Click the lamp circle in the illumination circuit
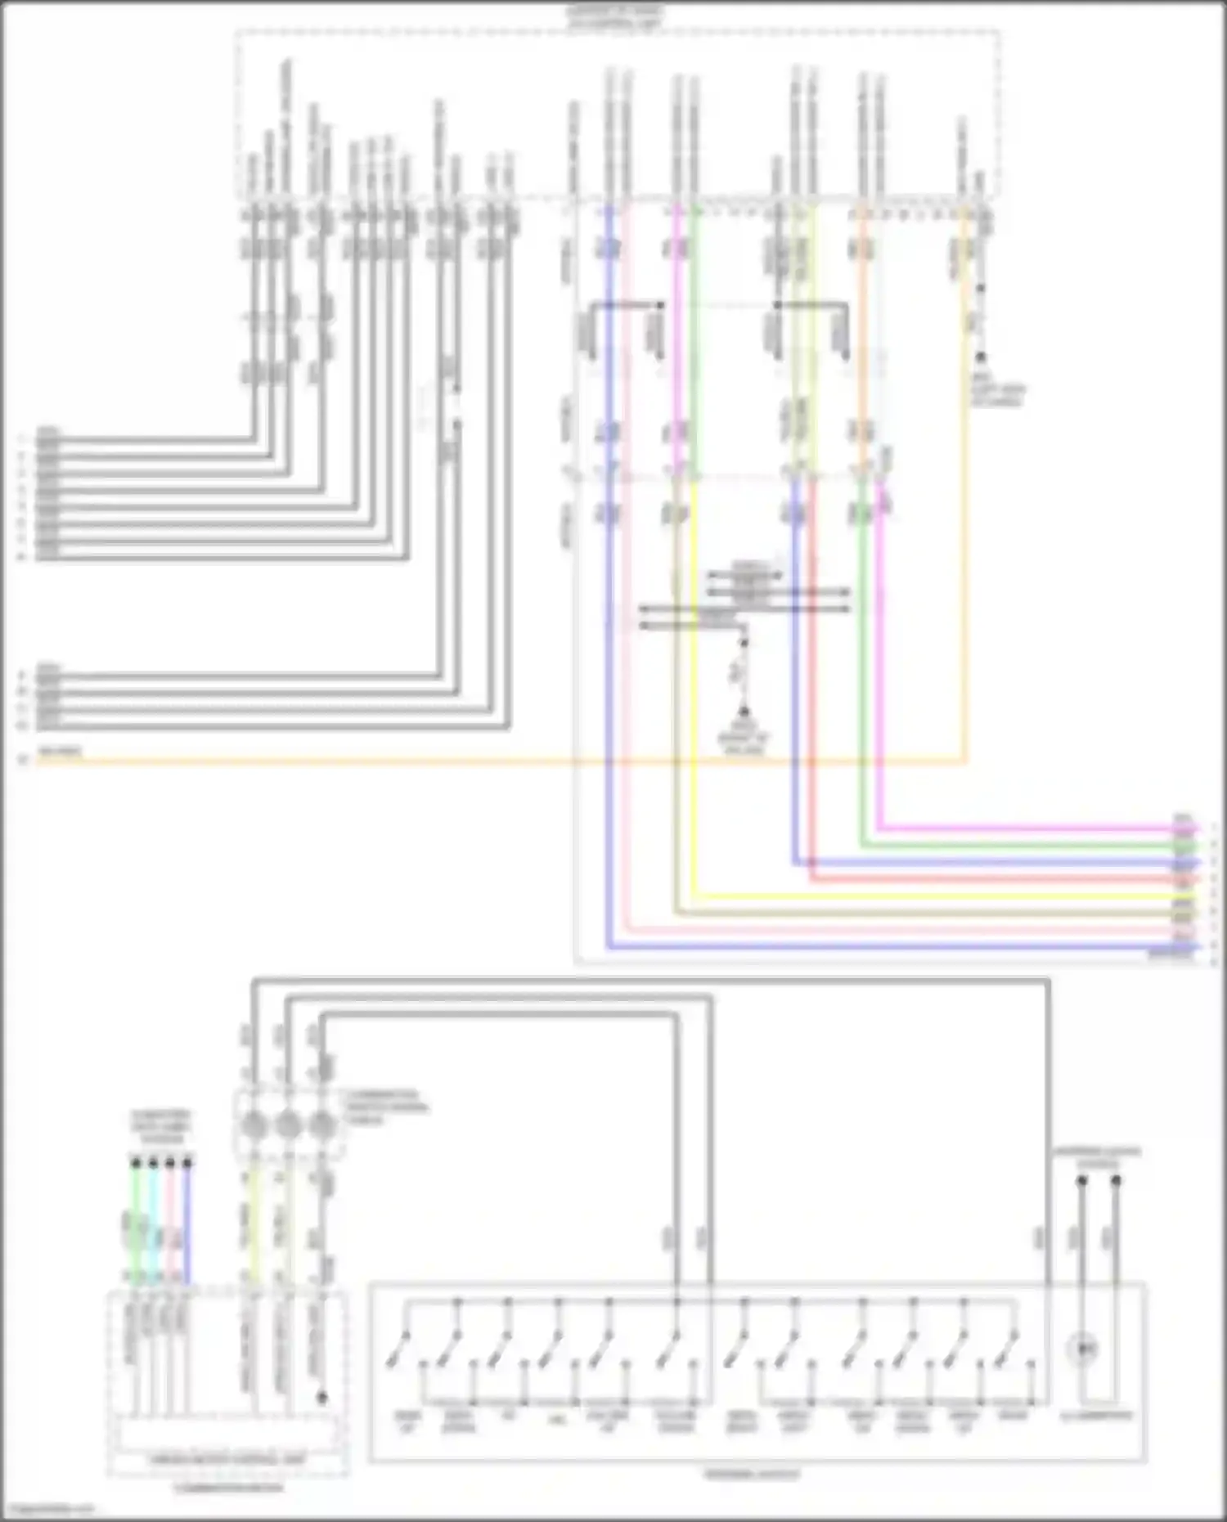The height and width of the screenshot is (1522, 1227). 1085,1346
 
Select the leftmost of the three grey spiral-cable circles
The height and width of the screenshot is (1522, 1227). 253,1126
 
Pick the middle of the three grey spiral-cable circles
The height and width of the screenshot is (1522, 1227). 287,1126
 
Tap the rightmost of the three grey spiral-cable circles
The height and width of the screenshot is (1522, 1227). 321,1126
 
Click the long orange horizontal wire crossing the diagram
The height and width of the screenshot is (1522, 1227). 491,762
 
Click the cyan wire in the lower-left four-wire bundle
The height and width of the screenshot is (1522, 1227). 153,1227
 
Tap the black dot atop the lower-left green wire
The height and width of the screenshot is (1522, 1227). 136,1162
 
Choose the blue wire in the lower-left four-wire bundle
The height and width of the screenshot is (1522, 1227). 187,1227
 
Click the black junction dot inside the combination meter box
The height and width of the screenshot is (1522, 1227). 321,1398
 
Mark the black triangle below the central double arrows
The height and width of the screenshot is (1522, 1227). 744,713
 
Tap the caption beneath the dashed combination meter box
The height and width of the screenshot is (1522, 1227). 229,1487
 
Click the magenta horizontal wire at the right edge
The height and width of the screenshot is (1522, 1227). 1022,828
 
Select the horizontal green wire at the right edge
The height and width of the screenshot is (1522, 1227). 1022,845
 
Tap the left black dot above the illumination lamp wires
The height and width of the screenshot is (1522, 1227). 1081,1181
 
